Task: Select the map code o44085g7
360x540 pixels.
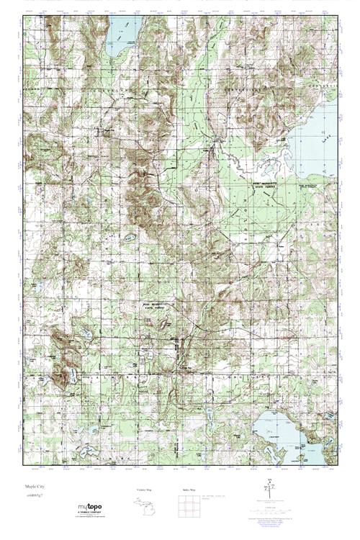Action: [x=34, y=497]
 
